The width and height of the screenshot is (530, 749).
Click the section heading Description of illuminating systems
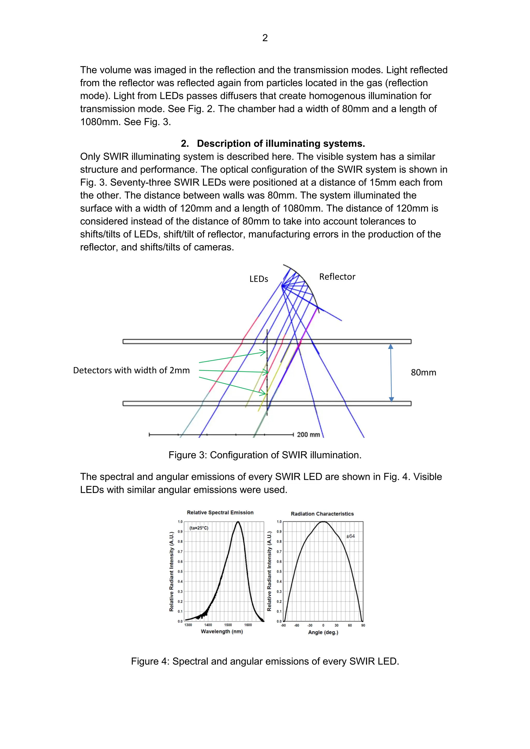tap(281, 144)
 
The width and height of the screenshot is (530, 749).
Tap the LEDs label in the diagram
tap(259, 279)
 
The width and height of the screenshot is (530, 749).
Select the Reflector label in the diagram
tap(337, 277)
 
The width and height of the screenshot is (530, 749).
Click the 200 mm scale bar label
tap(308, 435)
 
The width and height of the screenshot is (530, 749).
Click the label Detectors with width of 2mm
tap(131, 370)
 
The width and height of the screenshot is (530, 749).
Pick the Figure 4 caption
tap(265, 661)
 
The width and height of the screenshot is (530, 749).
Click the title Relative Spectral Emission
tap(220, 513)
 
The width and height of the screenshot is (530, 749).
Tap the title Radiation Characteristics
tap(322, 514)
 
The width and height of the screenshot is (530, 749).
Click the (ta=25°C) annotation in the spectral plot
tap(199, 528)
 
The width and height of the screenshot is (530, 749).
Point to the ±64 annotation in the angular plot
tap(350, 536)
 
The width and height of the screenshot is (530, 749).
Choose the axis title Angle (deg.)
tap(323, 632)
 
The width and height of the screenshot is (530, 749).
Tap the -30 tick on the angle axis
tap(310, 625)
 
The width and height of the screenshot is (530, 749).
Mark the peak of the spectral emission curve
tap(238, 522)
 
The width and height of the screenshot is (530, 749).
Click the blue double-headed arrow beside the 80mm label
tap(391, 372)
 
